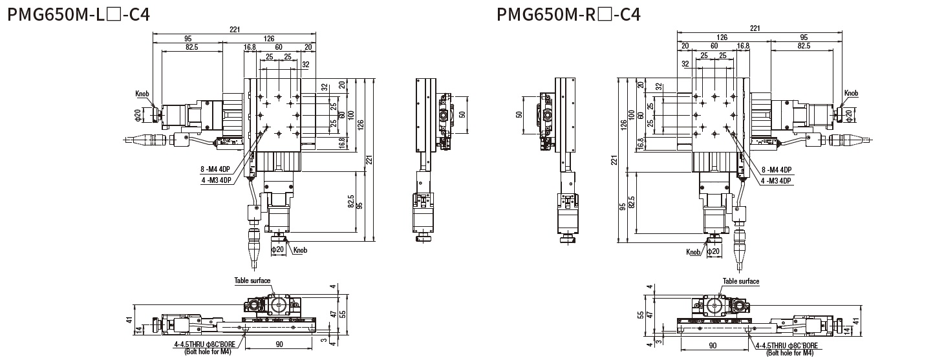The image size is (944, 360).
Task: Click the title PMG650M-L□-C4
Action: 78,14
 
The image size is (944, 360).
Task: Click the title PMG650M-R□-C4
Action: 568,14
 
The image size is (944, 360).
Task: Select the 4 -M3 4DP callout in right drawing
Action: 776,181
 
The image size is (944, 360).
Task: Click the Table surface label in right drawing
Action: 741,281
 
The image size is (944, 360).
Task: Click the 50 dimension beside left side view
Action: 462,114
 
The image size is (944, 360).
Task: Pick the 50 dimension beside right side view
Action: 520,114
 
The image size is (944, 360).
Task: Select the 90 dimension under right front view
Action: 712,345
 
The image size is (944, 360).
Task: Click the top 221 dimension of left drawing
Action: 234,28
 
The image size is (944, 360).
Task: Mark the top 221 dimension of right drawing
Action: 754,28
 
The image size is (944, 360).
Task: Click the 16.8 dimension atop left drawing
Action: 250,47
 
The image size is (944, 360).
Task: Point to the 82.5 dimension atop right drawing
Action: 803,47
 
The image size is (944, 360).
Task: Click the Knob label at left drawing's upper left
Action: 142,94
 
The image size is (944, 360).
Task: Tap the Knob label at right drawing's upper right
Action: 852,94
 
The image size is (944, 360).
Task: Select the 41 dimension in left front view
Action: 130,320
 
